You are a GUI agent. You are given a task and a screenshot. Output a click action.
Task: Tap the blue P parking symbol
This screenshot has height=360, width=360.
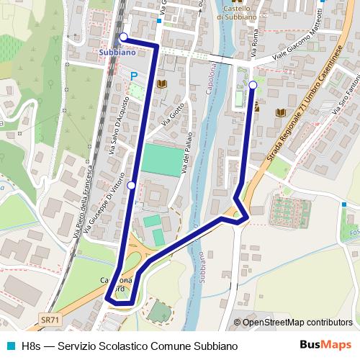click(133, 76)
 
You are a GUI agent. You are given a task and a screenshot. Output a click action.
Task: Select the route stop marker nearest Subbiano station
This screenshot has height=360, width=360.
click(123, 37)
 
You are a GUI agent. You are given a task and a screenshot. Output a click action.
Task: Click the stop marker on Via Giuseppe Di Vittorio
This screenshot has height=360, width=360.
click(131, 186)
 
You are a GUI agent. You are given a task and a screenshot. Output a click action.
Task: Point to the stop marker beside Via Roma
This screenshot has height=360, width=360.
click(253, 86)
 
